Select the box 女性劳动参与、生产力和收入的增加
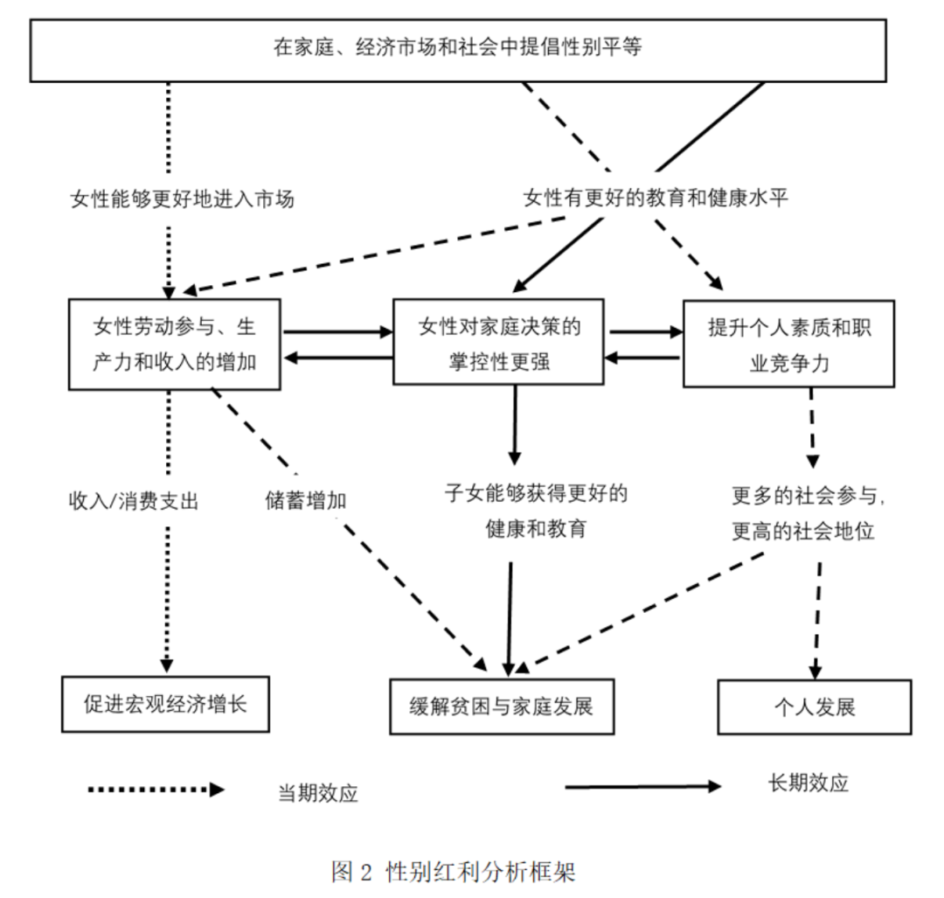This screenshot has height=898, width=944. [x=174, y=344]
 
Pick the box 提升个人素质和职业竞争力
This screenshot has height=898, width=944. [x=788, y=344]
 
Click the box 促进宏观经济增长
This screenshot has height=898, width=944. [x=166, y=704]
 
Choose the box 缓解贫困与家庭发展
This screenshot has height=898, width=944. [x=502, y=706]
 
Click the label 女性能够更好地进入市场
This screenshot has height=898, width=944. [x=182, y=199]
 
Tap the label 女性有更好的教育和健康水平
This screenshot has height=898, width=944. [x=656, y=198]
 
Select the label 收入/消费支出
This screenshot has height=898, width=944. [x=134, y=501]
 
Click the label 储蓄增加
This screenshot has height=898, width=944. [x=305, y=501]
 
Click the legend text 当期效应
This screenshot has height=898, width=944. [x=318, y=793]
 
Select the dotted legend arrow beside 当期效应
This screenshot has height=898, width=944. [x=156, y=790]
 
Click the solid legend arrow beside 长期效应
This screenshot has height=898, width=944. [x=642, y=786]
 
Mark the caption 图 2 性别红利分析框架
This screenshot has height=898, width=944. [x=454, y=872]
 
